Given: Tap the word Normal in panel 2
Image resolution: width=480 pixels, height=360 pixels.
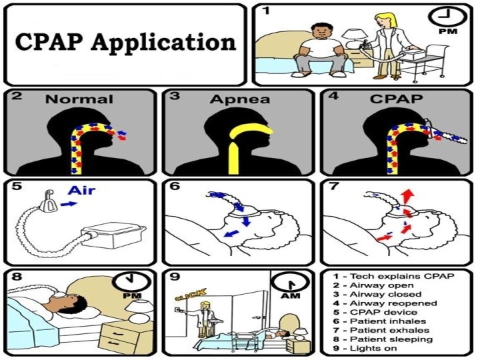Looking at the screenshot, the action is pos(79,100).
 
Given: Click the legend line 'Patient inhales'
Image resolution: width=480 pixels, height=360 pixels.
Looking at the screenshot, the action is pos(380,321).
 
